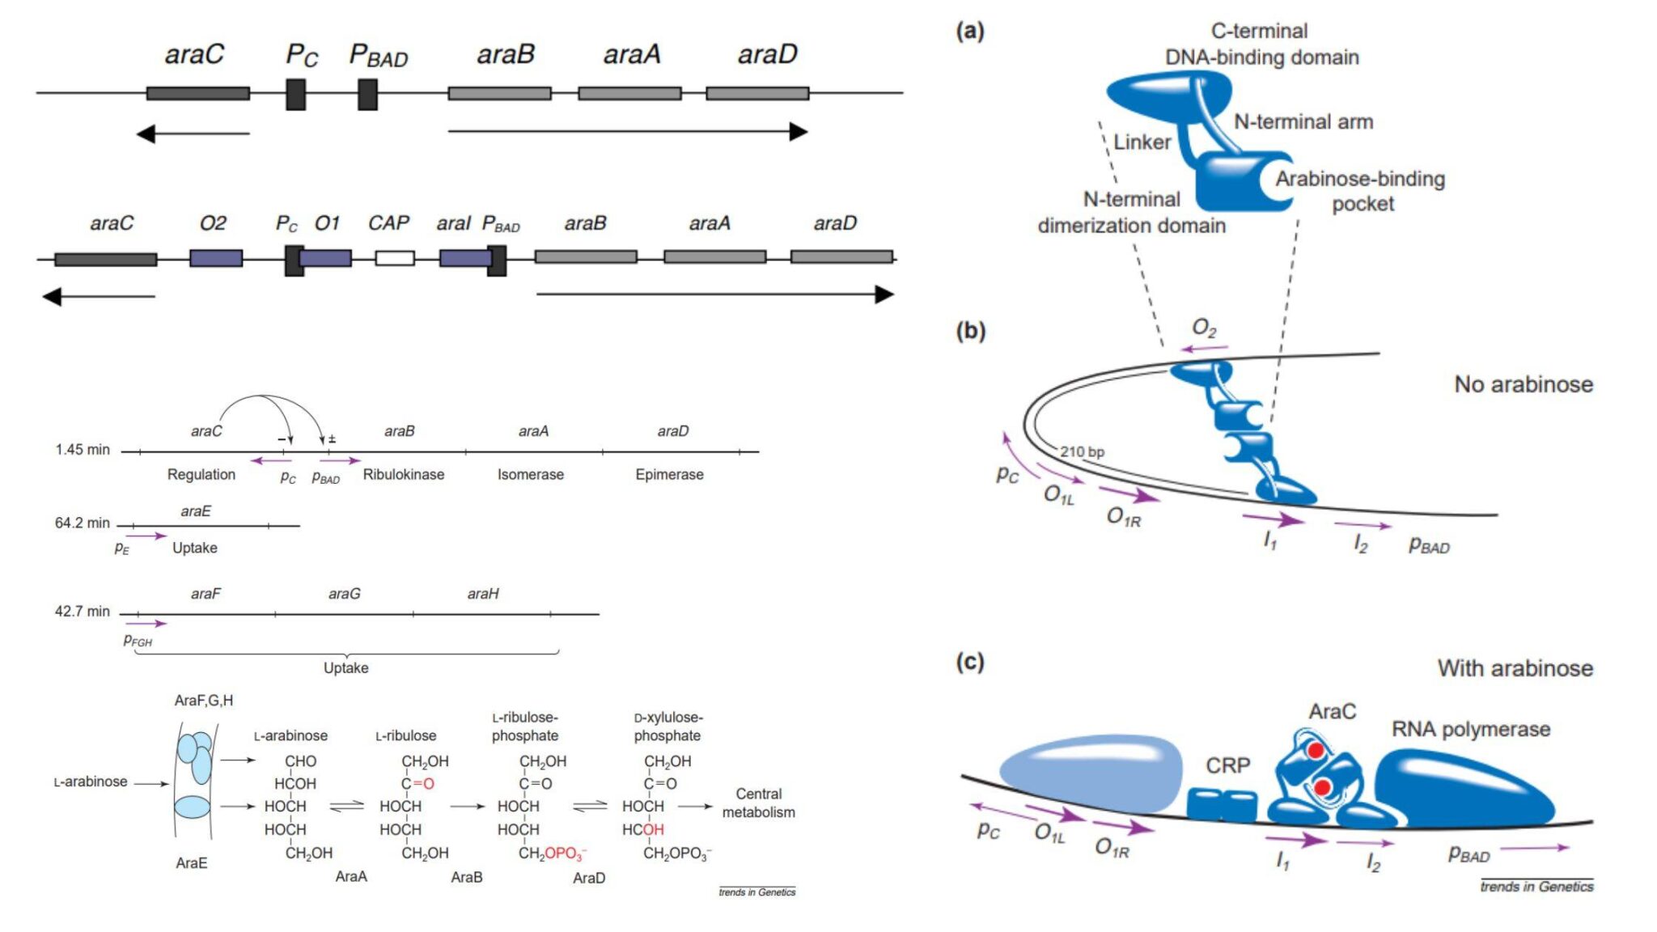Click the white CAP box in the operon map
(x=395, y=258)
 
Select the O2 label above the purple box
(x=213, y=223)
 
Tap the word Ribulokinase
(x=403, y=475)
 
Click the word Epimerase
(x=669, y=475)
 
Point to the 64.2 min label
(x=82, y=523)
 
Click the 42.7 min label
(x=82, y=612)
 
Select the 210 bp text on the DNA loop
(x=1082, y=451)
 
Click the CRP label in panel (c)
(x=1227, y=765)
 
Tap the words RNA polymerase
(x=1470, y=730)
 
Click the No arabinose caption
(x=1523, y=384)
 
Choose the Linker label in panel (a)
(x=1142, y=142)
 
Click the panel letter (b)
(x=970, y=331)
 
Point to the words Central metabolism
(x=758, y=803)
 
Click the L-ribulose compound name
(x=405, y=736)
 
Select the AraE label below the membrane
(x=192, y=863)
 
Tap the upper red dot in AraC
(x=1316, y=750)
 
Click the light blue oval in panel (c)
(x=1091, y=773)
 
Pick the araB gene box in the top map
(x=499, y=94)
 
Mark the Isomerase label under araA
(x=530, y=475)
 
